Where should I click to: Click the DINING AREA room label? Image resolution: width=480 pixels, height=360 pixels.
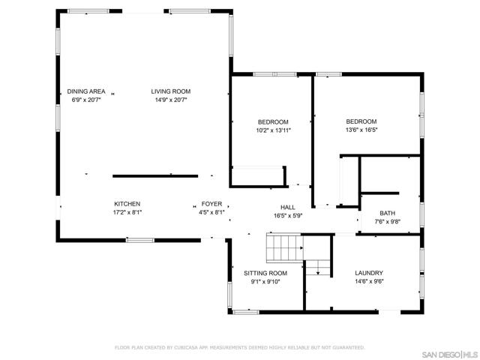(x=86, y=91)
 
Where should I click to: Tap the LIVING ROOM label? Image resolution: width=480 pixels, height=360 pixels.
(x=171, y=91)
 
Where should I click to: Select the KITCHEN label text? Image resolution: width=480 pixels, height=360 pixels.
(x=127, y=204)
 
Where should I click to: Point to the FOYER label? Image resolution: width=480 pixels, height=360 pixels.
(x=211, y=204)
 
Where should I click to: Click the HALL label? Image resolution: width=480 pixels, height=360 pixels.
(x=288, y=207)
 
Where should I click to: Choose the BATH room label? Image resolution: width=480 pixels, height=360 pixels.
(x=388, y=213)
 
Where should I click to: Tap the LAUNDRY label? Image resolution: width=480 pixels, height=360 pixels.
(x=369, y=273)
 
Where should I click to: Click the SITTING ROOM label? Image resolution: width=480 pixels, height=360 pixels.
(x=265, y=273)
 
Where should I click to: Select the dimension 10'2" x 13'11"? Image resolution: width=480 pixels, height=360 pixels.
(x=273, y=130)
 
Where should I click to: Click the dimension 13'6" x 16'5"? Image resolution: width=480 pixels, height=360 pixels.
(x=361, y=130)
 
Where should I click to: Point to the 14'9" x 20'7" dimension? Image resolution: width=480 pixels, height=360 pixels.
(x=171, y=100)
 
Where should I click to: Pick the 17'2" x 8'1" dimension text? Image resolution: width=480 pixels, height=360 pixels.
(x=127, y=212)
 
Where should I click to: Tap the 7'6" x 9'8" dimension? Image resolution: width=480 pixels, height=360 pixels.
(x=388, y=222)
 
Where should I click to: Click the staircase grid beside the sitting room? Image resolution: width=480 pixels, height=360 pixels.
(x=285, y=248)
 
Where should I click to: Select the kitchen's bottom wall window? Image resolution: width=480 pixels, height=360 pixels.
(x=140, y=240)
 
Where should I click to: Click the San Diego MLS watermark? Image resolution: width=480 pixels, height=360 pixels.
(x=450, y=355)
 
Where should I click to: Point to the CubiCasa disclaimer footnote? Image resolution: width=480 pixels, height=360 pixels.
(x=240, y=347)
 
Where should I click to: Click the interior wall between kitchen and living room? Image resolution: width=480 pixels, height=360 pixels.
(x=155, y=176)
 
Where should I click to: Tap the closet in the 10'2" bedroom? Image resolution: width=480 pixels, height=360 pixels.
(x=259, y=176)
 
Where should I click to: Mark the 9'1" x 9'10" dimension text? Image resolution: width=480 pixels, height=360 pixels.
(x=265, y=282)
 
